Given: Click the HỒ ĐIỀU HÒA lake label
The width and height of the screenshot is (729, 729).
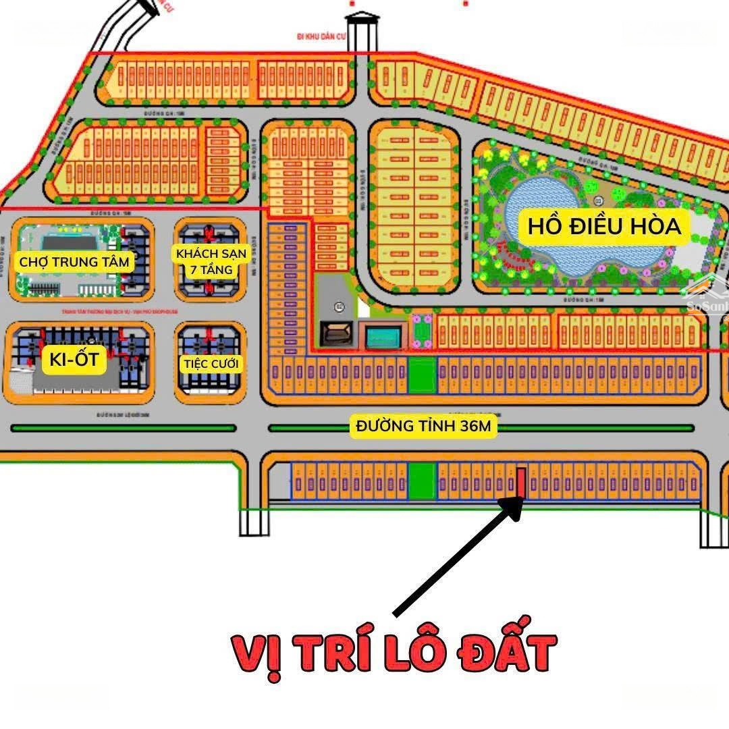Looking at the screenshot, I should (604, 226).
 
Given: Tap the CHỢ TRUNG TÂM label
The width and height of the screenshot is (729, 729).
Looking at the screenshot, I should (74, 262).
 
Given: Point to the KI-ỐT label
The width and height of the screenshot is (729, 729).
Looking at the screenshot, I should (74, 360).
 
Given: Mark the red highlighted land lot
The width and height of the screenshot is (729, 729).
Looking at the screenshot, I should (521, 482).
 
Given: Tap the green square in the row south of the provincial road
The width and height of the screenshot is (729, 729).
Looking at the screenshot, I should (422, 481).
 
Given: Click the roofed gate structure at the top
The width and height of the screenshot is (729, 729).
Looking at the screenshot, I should (362, 27).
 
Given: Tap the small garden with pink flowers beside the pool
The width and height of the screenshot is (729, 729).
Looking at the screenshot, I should (422, 331).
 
